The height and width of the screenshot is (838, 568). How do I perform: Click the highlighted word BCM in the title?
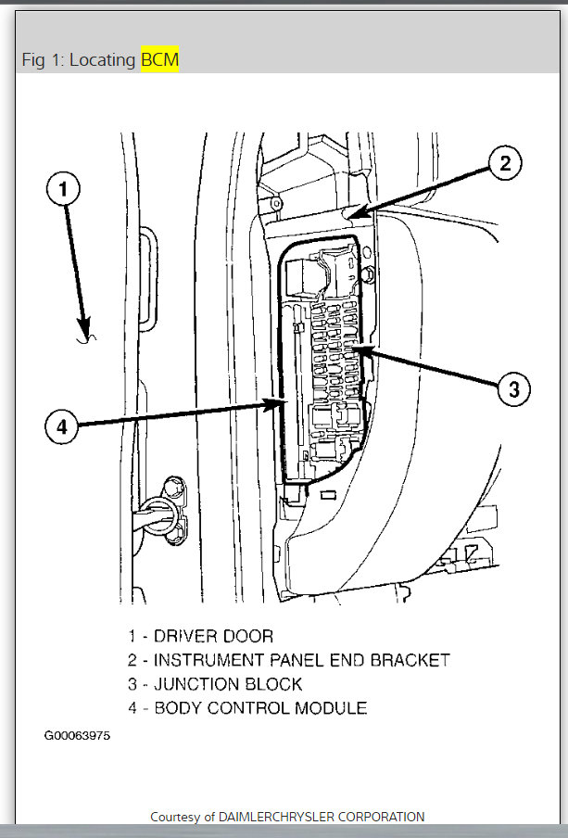[x=159, y=60]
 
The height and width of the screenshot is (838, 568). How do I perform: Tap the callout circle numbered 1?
[x=63, y=190]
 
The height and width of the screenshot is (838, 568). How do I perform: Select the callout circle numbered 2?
[x=505, y=164]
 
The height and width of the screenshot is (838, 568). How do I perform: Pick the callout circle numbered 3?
[x=514, y=389]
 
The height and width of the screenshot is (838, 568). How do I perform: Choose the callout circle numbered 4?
[x=61, y=427]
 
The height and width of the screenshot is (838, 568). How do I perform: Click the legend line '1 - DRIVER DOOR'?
[x=200, y=636]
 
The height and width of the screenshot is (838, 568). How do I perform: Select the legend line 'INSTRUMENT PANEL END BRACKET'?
[x=301, y=660]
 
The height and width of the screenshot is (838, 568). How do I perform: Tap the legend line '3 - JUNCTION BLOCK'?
[x=215, y=684]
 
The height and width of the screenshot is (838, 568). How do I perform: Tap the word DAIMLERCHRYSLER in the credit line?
[x=277, y=817]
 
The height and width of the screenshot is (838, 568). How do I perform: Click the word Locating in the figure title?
[x=104, y=60]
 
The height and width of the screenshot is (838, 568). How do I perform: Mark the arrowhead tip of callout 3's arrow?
[x=352, y=349]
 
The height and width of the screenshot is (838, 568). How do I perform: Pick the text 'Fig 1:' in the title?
[x=41, y=60]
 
